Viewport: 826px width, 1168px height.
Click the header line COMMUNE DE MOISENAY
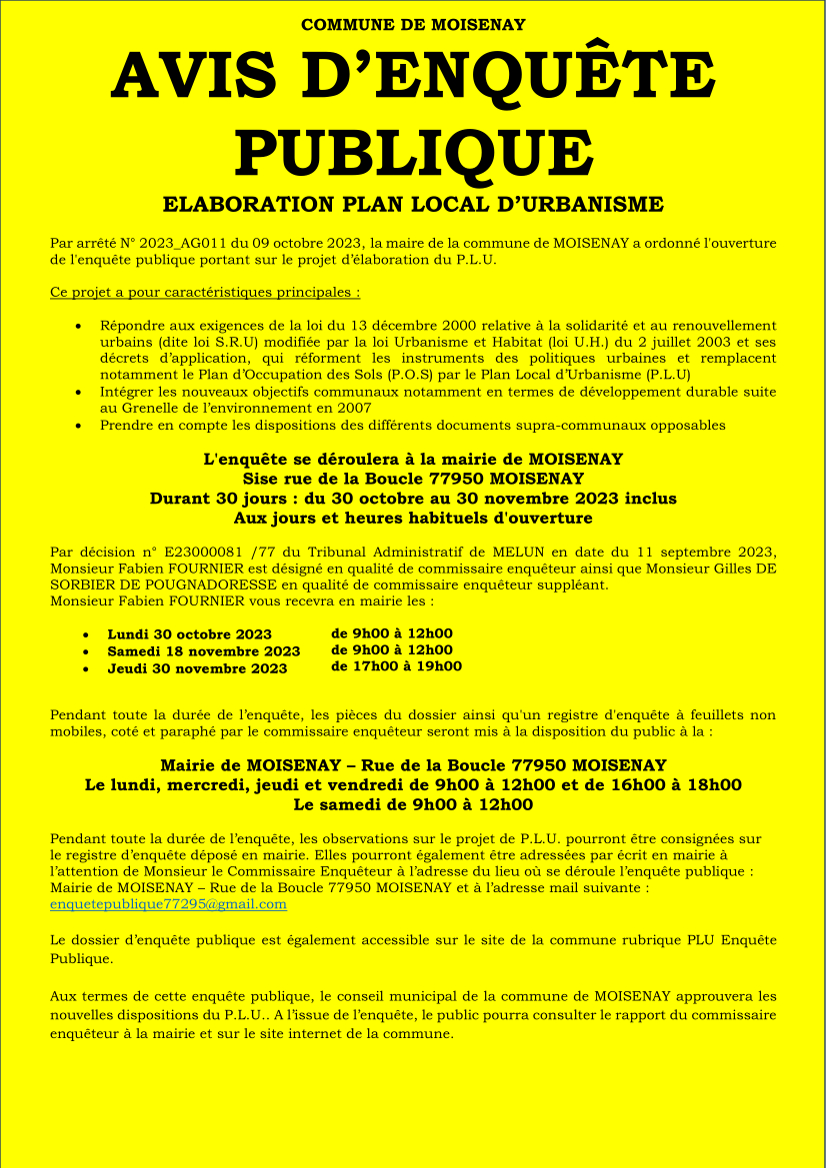click(x=413, y=24)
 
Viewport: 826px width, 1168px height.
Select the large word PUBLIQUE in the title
click(x=413, y=151)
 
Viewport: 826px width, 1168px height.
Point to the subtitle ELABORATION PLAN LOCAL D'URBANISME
click(x=413, y=205)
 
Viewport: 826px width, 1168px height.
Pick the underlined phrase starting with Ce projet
click(x=205, y=292)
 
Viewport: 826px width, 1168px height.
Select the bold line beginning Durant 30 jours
click(x=413, y=499)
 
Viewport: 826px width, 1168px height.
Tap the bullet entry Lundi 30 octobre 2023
click(x=189, y=634)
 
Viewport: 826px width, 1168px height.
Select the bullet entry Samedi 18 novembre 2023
click(x=203, y=651)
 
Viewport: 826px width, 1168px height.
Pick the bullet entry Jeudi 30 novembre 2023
click(x=197, y=668)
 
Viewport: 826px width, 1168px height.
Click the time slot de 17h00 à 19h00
click(x=396, y=666)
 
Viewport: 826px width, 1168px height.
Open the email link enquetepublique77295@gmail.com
click(x=168, y=903)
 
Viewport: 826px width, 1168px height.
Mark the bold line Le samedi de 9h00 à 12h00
click(x=413, y=804)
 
